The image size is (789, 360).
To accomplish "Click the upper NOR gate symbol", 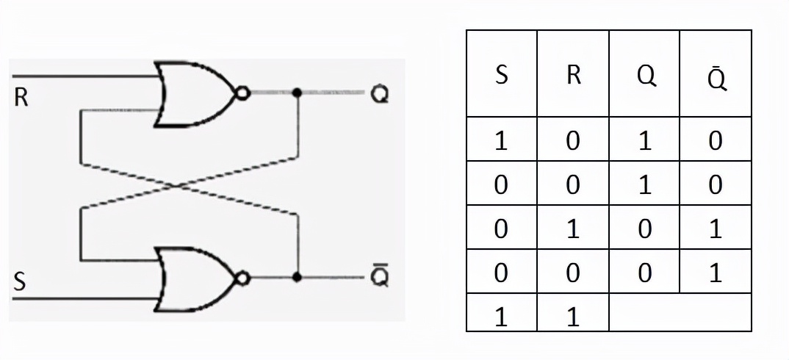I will point(195,94).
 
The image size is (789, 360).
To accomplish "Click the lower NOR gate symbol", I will point(195,278).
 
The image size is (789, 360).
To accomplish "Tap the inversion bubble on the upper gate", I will point(242,93).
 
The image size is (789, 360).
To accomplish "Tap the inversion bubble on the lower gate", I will point(242,278).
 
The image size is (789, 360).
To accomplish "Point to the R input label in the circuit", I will point(21,98).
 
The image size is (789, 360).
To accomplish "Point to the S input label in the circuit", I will point(20,282).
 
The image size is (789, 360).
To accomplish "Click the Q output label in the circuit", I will point(379,95).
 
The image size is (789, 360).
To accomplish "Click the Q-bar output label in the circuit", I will point(379,278).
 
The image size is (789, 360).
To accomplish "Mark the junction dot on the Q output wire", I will point(297,93).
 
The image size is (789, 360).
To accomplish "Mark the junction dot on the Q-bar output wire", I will point(297,278).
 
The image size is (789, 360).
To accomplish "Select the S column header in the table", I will point(502,75).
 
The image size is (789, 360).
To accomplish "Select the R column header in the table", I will point(573,75).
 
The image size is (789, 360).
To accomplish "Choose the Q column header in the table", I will point(645,75).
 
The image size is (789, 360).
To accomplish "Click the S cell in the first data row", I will point(502,140).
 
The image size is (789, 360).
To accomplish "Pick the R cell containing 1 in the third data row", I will point(573,228).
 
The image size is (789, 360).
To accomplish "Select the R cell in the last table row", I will point(573,316).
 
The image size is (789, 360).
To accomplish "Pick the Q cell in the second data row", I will point(645,184).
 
